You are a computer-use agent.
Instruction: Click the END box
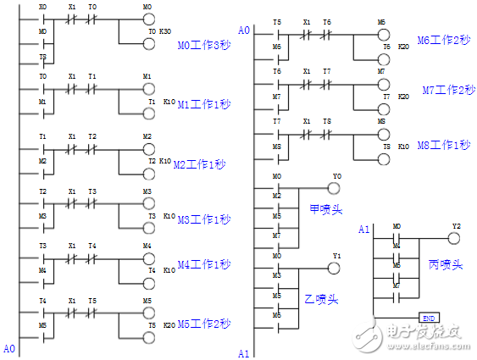430,318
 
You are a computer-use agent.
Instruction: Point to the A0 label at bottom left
9,348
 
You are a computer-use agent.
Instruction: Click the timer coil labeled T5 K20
148,338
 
